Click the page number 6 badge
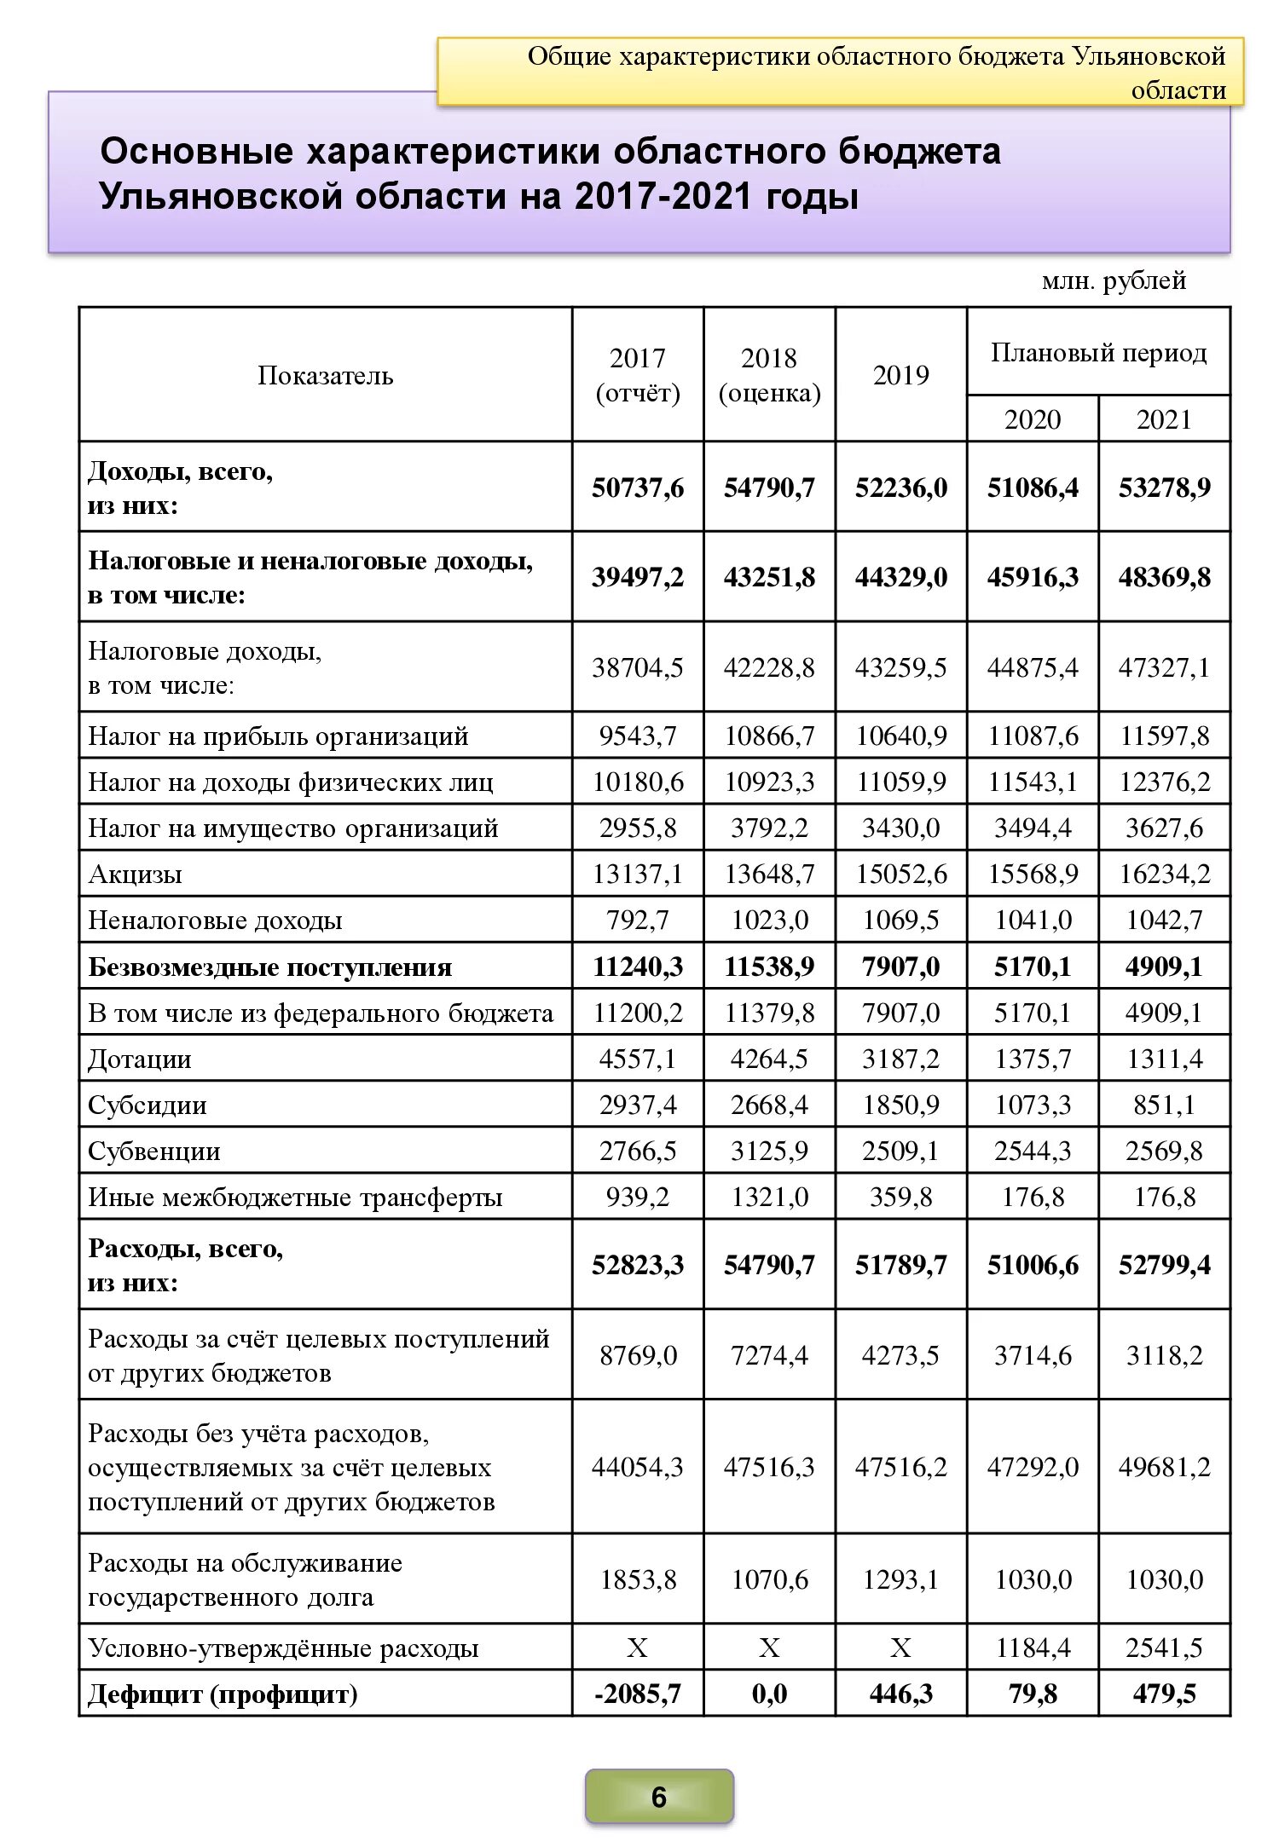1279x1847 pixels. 658,1797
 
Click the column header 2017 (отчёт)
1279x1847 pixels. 638,375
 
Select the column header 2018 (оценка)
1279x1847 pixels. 769,375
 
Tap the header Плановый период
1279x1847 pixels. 1098,352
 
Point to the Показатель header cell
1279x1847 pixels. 325,375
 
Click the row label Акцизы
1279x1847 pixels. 135,874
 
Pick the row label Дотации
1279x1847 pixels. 139,1059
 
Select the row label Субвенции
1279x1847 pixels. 153,1151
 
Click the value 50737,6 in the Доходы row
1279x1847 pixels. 638,488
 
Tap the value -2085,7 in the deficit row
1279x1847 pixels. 638,1694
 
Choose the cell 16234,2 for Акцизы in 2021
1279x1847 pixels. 1164,874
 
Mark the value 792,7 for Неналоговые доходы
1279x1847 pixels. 638,921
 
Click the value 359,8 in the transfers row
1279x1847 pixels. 900,1198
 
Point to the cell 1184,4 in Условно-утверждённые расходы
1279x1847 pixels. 1033,1648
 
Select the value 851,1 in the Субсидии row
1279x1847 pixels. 1164,1105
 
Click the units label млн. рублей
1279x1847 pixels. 1114,280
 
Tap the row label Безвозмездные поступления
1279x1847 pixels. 269,967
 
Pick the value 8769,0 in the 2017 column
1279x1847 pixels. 638,1355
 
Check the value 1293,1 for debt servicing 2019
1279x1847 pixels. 900,1579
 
